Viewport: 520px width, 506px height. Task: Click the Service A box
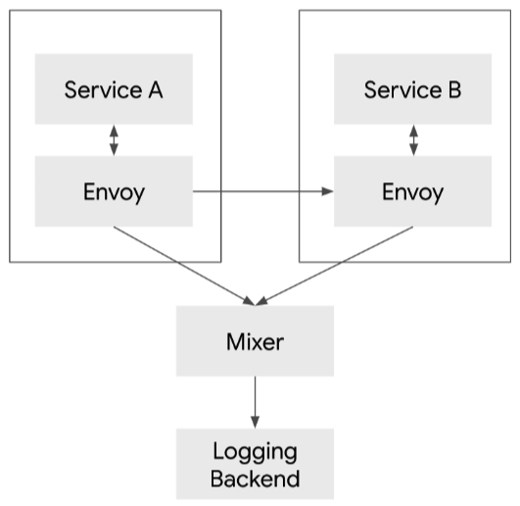[114, 89]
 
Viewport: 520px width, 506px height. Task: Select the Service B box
[412, 89]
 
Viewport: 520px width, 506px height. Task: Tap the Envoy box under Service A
[114, 190]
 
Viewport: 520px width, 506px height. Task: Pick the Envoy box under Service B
[412, 190]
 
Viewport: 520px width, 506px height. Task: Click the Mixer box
[255, 341]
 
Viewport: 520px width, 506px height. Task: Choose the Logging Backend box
[255, 464]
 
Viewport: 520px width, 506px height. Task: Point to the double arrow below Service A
[114, 139]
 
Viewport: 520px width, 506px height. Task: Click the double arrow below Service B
[412, 139]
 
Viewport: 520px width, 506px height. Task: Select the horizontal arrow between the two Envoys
[262, 191]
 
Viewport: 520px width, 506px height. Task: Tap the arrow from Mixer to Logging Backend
[255, 402]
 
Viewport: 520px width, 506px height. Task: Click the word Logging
[255, 452]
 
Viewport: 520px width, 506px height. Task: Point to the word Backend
[256, 480]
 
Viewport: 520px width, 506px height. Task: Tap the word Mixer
[255, 342]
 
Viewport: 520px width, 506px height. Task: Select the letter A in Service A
[155, 90]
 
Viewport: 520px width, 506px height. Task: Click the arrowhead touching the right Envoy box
[328, 191]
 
